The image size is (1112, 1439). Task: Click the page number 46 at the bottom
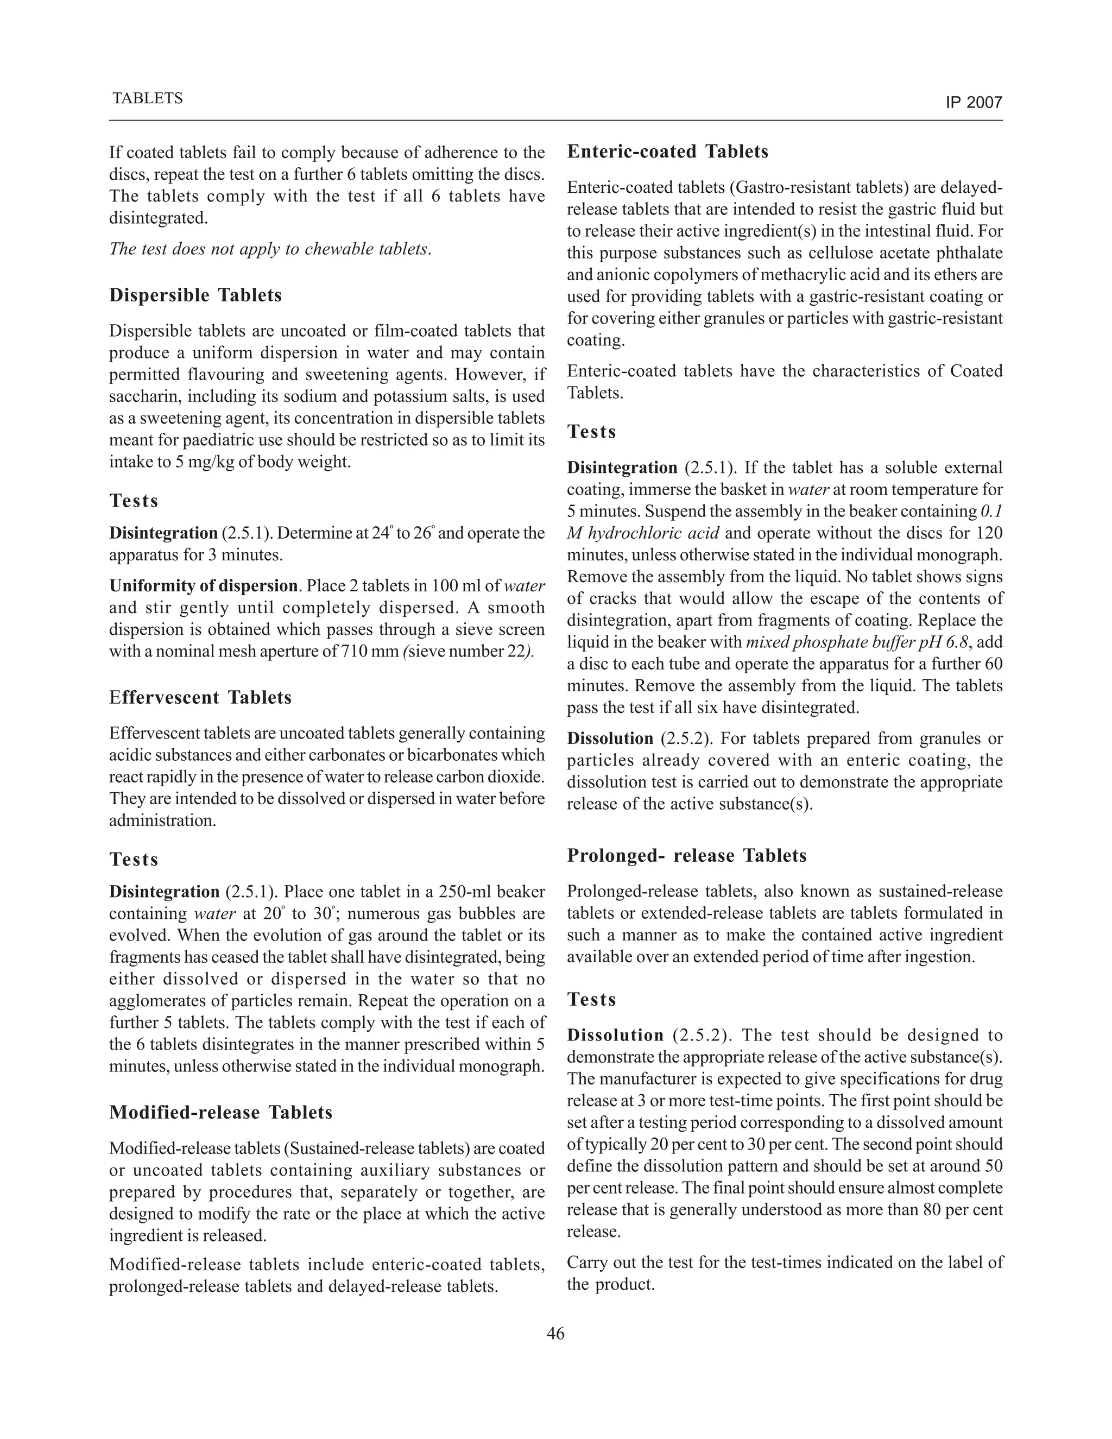point(555,1334)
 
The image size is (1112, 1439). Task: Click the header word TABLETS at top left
point(148,98)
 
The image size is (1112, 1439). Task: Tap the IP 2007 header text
point(974,102)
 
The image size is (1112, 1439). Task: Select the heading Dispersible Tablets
point(195,295)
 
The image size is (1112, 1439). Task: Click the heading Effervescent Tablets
point(200,697)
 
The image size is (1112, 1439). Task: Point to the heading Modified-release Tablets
point(220,1112)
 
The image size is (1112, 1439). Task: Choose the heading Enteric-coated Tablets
point(667,152)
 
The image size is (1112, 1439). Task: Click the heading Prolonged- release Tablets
point(686,855)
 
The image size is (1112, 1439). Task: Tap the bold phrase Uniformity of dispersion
point(203,586)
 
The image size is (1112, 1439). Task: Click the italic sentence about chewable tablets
point(270,249)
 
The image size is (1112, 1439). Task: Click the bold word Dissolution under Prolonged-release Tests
point(615,1035)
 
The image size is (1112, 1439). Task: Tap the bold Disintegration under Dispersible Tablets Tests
point(163,532)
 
